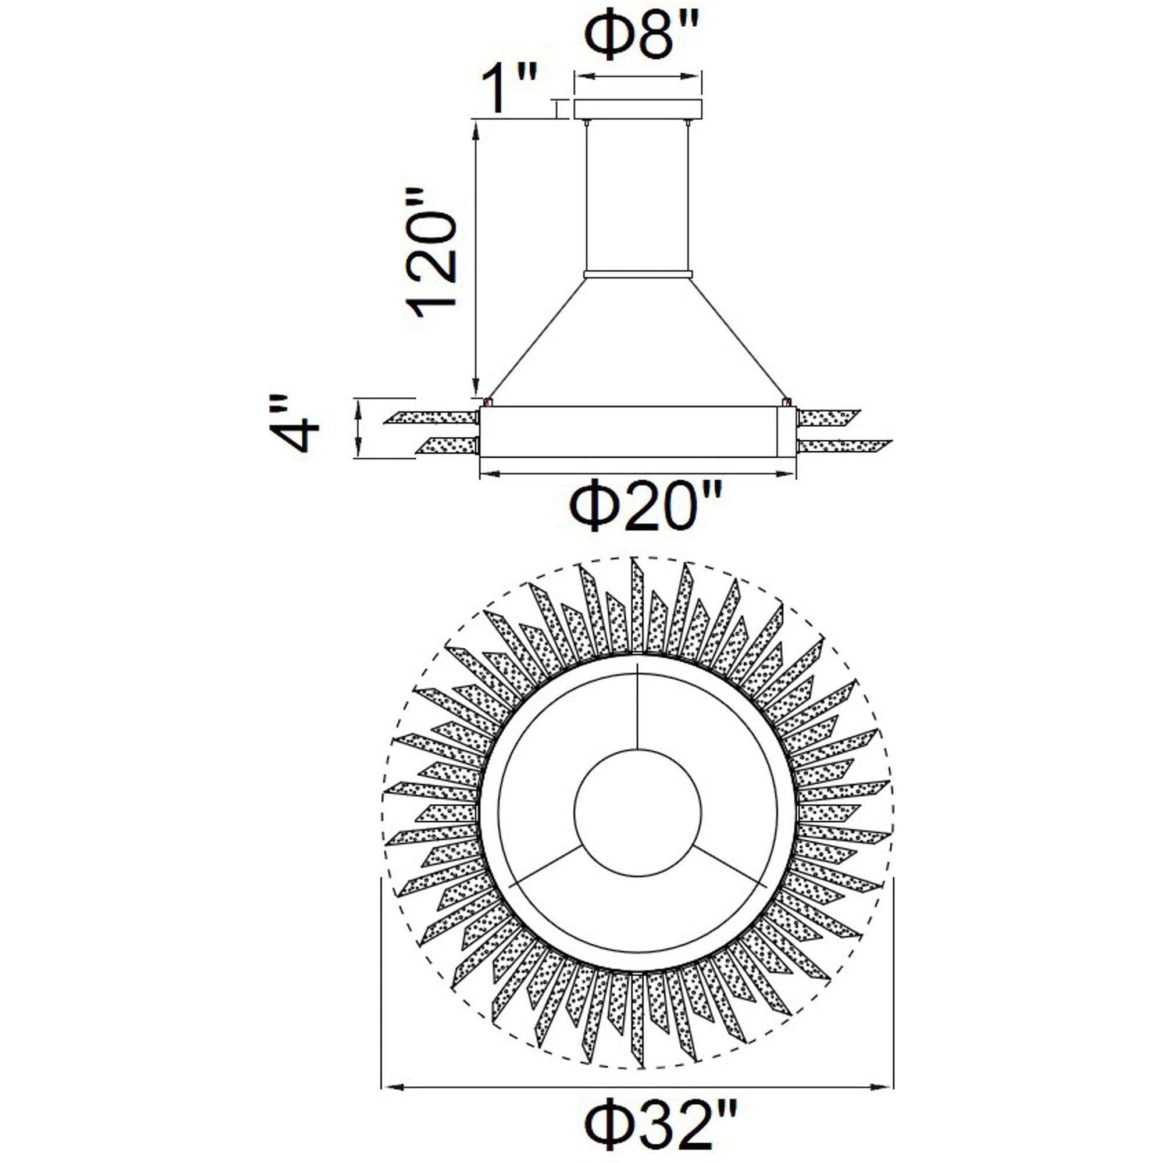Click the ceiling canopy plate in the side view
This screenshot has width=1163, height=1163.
638,109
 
